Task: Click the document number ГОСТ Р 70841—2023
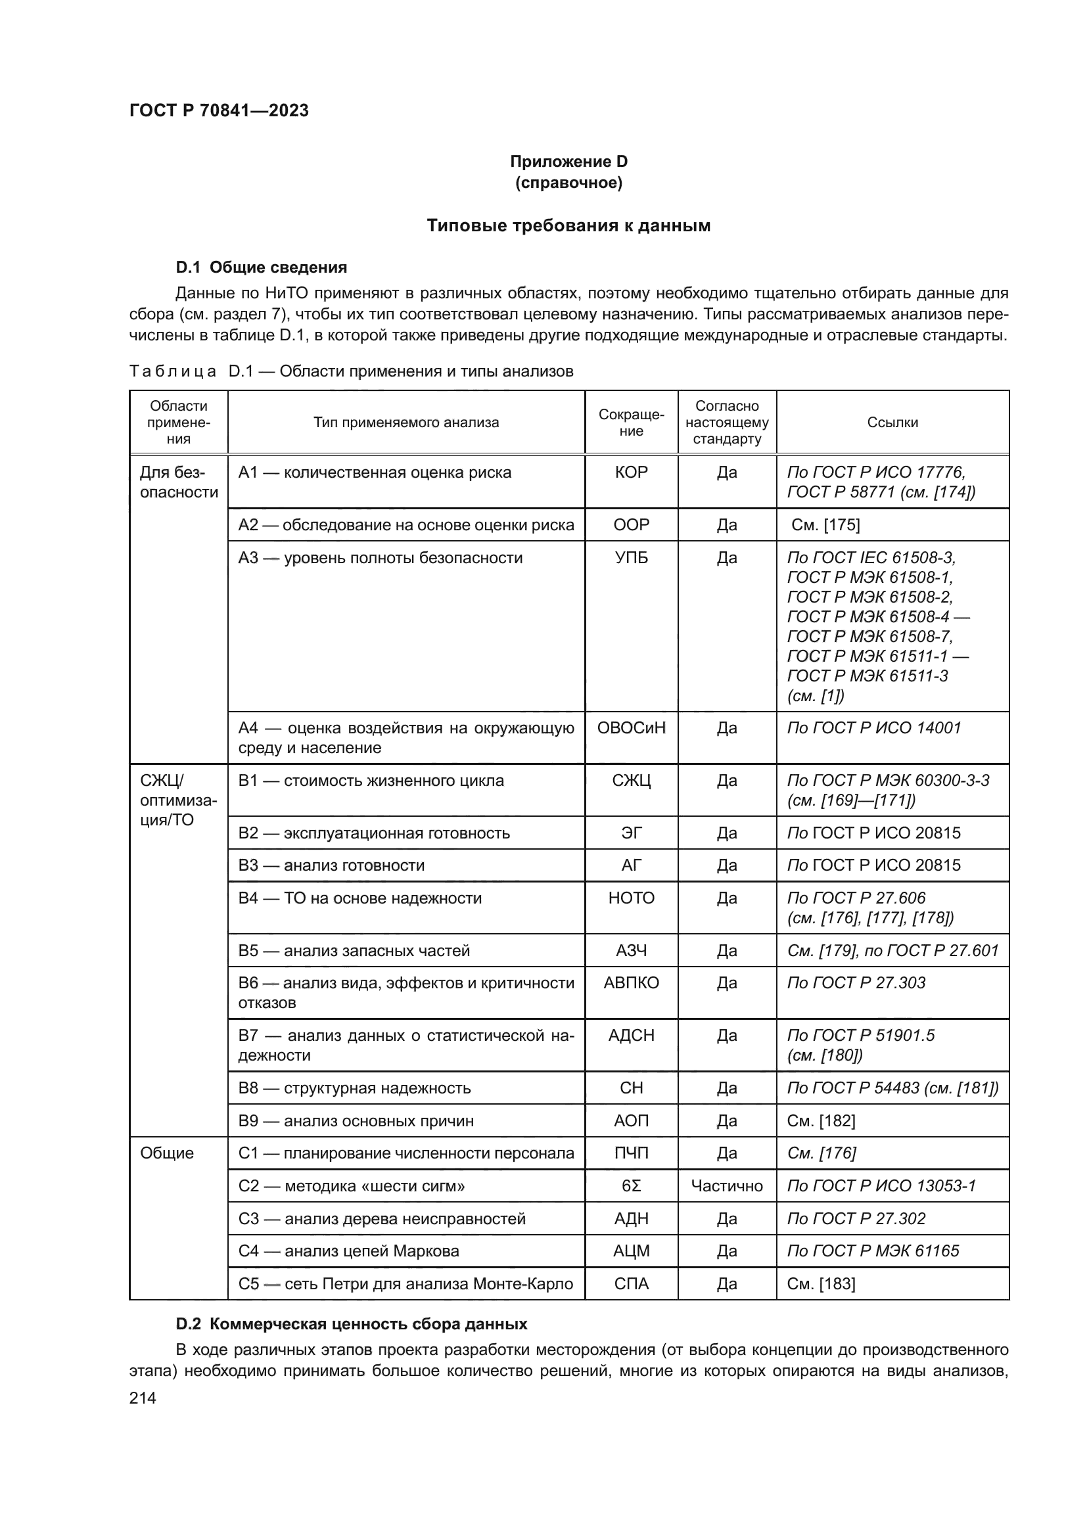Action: click(219, 110)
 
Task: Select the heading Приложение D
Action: click(568, 162)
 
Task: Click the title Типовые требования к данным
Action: click(568, 225)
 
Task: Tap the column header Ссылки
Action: click(892, 423)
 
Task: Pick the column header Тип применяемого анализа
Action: click(406, 423)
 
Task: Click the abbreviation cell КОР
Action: click(631, 472)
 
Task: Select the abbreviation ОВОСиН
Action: click(631, 727)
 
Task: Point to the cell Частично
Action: click(727, 1186)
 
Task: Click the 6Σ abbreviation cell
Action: click(631, 1186)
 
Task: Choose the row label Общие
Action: click(167, 1153)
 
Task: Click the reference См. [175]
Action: click(825, 525)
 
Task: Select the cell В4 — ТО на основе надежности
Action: click(360, 898)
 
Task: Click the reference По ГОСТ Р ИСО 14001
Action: click(874, 727)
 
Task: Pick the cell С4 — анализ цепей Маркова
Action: click(349, 1251)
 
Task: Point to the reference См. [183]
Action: click(821, 1284)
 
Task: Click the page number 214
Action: click(143, 1398)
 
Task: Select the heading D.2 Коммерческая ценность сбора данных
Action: click(352, 1324)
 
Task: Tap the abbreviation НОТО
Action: click(631, 898)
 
